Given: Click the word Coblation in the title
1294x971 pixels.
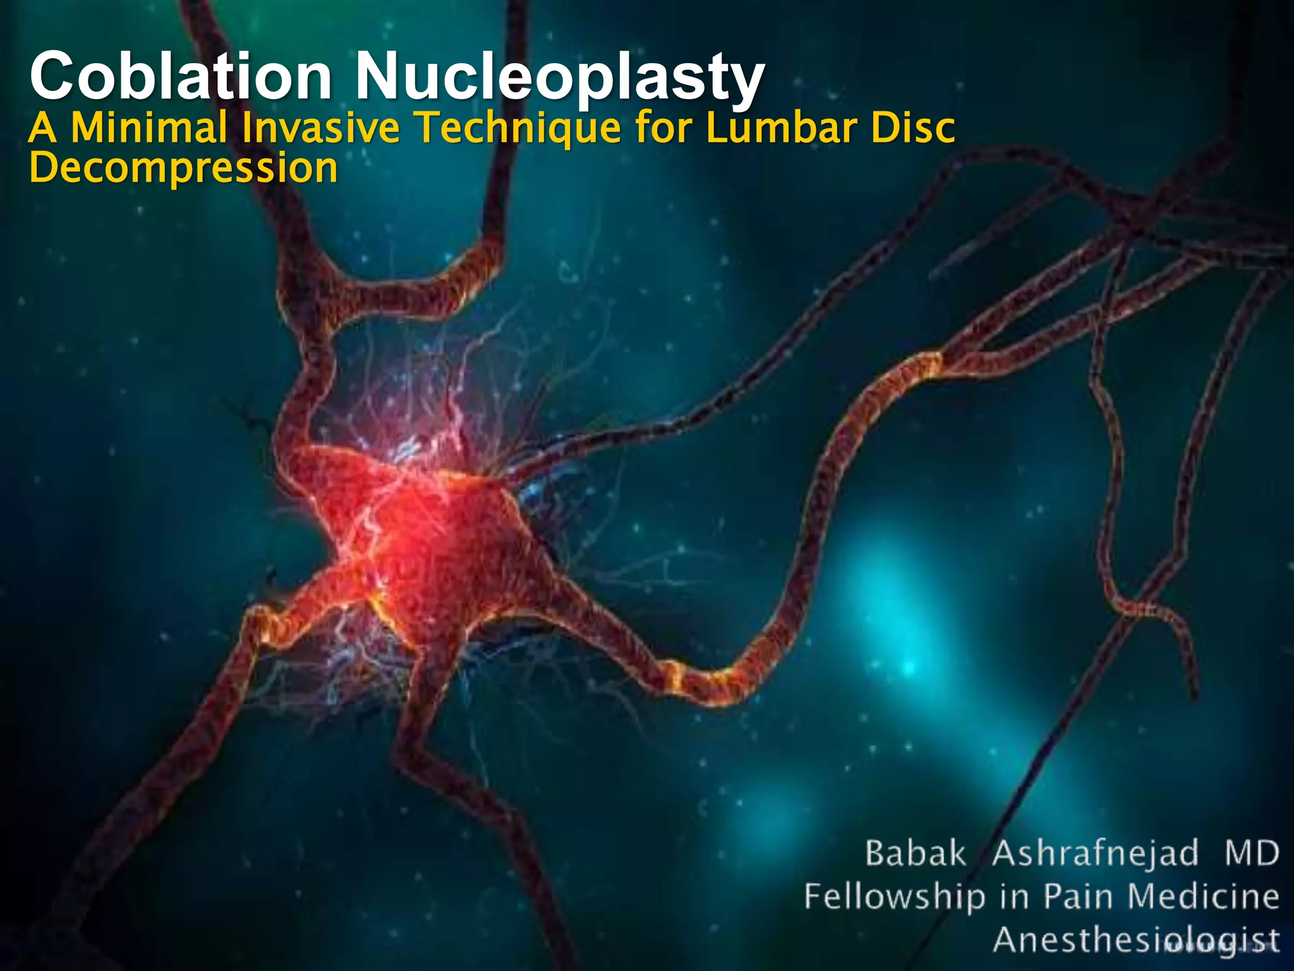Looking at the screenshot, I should pyautogui.click(x=180, y=76).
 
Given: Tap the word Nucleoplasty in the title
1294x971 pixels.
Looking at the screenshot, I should pyautogui.click(x=560, y=76).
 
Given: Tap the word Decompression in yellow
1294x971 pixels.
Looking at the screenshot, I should pyautogui.click(x=184, y=168).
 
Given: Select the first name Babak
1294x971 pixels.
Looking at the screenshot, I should pyautogui.click(x=916, y=853).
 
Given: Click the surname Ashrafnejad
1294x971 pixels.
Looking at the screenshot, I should pyautogui.click(x=1095, y=853).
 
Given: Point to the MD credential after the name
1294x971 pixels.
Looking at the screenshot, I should pyautogui.click(x=1252, y=853).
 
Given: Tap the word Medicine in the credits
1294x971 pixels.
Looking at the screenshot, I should pyautogui.click(x=1204, y=896).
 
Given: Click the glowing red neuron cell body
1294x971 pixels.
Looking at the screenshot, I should pyautogui.click(x=417, y=537).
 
